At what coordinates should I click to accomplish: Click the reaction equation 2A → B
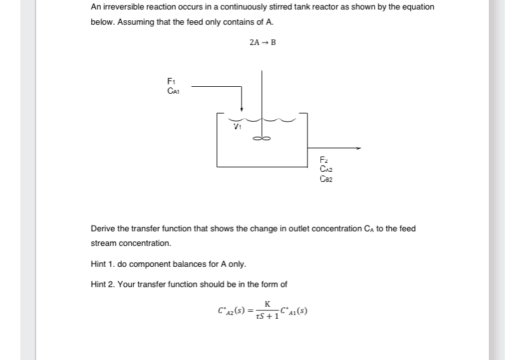tap(262, 42)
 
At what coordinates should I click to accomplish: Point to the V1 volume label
tap(238, 125)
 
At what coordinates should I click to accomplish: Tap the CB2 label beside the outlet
tap(326, 179)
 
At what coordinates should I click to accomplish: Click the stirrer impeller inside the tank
tap(262, 139)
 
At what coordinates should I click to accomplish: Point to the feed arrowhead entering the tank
tap(242, 109)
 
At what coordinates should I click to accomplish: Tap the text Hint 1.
tap(103, 264)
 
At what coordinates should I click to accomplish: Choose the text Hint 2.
tap(103, 284)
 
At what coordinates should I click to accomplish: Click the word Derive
tap(103, 228)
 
